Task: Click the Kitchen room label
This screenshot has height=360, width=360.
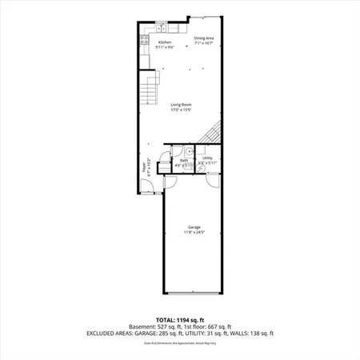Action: tap(164, 42)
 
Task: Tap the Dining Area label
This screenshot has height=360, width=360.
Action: tap(204, 37)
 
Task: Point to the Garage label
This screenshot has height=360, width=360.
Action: tap(194, 226)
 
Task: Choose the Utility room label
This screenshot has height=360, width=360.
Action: tap(207, 158)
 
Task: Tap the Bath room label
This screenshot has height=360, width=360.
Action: tap(184, 160)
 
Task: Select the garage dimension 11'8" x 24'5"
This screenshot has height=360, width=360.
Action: tap(194, 232)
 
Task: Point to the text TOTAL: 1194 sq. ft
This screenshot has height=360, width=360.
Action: tap(179, 318)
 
